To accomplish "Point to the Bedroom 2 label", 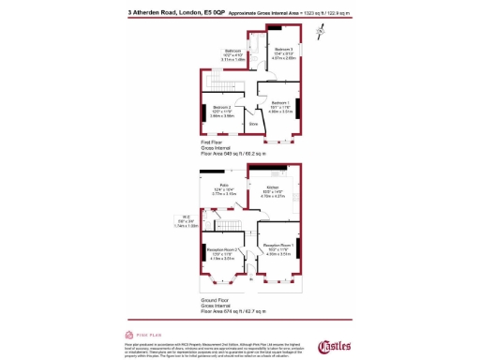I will (x=222, y=107).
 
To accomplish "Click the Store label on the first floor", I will (x=252, y=122).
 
